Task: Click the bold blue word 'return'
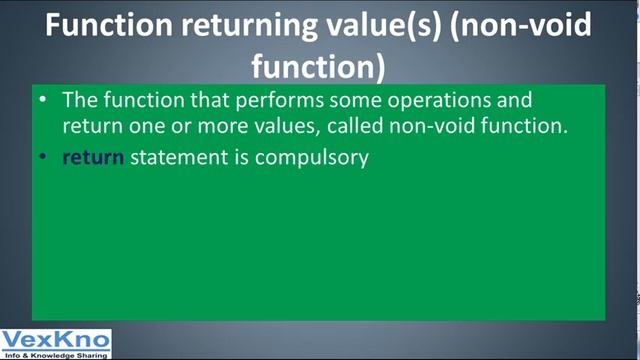pos(92,157)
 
